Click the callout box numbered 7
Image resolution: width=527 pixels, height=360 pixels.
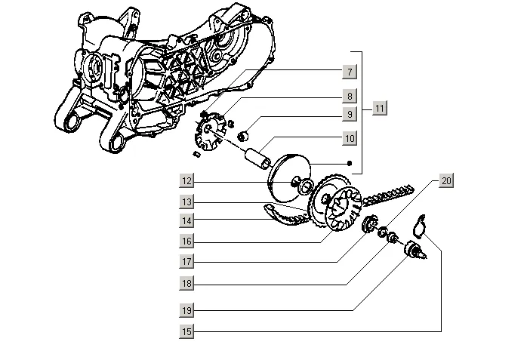(x=349, y=72)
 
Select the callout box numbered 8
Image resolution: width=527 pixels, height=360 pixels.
(x=349, y=96)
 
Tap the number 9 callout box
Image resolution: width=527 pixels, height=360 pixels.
(x=349, y=115)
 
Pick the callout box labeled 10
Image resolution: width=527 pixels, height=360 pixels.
(x=349, y=139)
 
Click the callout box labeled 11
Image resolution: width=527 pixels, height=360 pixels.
(x=380, y=109)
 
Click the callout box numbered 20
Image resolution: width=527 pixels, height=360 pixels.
(x=446, y=181)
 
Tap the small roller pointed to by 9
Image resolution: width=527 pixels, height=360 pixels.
(x=243, y=137)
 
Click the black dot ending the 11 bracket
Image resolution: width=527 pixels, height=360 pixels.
(x=349, y=163)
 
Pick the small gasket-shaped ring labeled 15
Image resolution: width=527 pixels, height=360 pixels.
(x=423, y=225)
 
